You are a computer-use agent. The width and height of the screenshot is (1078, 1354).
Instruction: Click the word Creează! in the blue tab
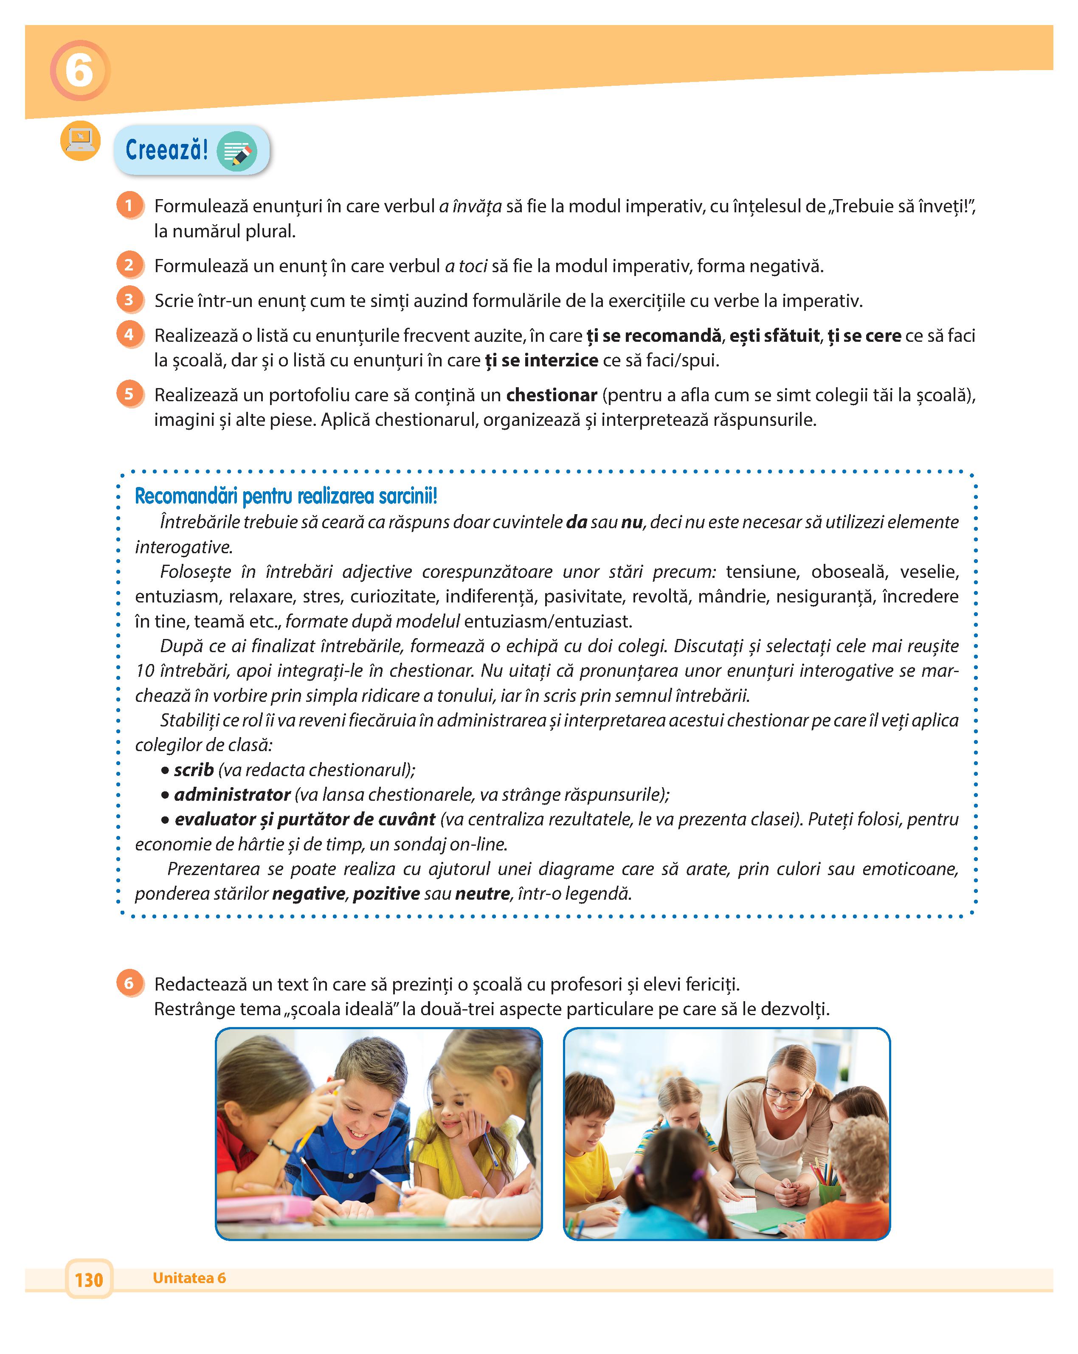pyautogui.click(x=166, y=150)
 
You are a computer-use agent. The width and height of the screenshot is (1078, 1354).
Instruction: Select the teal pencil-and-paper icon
pyautogui.click(x=236, y=151)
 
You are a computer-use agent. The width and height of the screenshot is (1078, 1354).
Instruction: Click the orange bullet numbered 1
pyautogui.click(x=129, y=205)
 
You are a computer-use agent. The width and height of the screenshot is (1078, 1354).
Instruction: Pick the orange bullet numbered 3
pyautogui.click(x=129, y=300)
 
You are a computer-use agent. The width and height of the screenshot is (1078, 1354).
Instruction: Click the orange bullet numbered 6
pyautogui.click(x=129, y=983)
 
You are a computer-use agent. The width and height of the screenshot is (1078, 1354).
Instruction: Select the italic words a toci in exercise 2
pyautogui.click(x=466, y=266)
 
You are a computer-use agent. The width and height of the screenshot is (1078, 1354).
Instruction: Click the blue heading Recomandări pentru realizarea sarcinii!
pyautogui.click(x=286, y=496)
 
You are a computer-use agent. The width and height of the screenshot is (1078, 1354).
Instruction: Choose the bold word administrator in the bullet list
pyautogui.click(x=232, y=794)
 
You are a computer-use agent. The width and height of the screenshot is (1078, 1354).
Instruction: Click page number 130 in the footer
pyautogui.click(x=89, y=1279)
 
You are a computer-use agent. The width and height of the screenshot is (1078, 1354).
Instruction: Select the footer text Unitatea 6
pyautogui.click(x=189, y=1278)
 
